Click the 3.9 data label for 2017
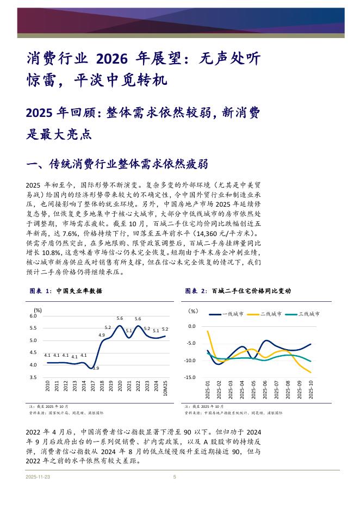pyautogui.click(x=96, y=369)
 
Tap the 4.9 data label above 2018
pyautogui.click(x=102, y=335)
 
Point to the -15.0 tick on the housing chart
pyautogui.click(x=190, y=377)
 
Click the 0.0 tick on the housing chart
pyautogui.click(x=191, y=326)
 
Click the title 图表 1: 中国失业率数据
pyautogui.click(x=65, y=291)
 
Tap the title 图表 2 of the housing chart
pyautogui.click(x=238, y=291)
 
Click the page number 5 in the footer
pyautogui.click(x=175, y=477)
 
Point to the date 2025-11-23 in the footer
pyautogui.click(x=38, y=477)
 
